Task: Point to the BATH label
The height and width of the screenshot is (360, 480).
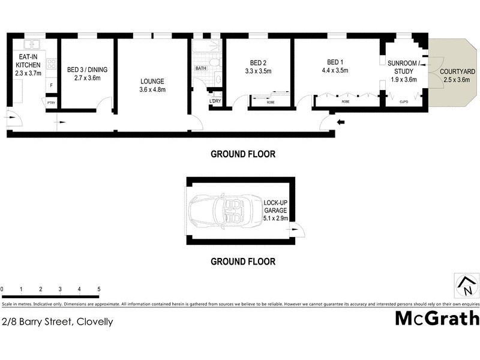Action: click(200, 69)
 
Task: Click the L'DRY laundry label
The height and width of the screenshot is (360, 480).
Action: click(215, 100)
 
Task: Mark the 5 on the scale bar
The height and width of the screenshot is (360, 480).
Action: click(98, 289)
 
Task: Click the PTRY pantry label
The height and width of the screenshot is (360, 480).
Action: click(52, 103)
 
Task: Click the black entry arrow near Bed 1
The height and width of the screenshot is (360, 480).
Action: click(342, 123)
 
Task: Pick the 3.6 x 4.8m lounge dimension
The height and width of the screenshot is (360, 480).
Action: click(152, 90)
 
